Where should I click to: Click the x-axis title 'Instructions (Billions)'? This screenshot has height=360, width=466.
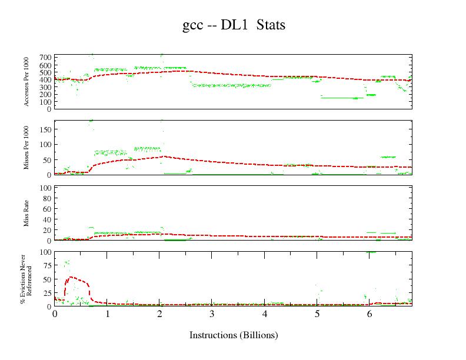pyautogui.click(x=233, y=335)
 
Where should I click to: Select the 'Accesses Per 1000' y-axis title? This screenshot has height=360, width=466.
pyautogui.click(x=27, y=82)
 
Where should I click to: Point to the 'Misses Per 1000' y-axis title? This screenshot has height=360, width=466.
pyautogui.click(x=27, y=148)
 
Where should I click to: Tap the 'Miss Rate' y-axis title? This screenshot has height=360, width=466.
pyautogui.click(x=27, y=214)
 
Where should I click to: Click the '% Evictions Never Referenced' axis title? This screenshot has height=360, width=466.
pyautogui.click(x=25, y=279)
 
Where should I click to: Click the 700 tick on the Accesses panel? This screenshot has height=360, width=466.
pyautogui.click(x=45, y=57)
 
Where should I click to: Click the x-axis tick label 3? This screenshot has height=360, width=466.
pyautogui.click(x=212, y=314)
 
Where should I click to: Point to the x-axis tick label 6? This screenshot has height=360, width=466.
pyautogui.click(x=370, y=314)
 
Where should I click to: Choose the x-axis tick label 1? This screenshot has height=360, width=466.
pyautogui.click(x=108, y=314)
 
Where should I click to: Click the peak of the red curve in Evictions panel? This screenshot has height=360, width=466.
pyautogui.click(x=71, y=276)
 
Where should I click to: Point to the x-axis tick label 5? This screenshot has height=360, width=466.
pyautogui.click(x=317, y=314)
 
